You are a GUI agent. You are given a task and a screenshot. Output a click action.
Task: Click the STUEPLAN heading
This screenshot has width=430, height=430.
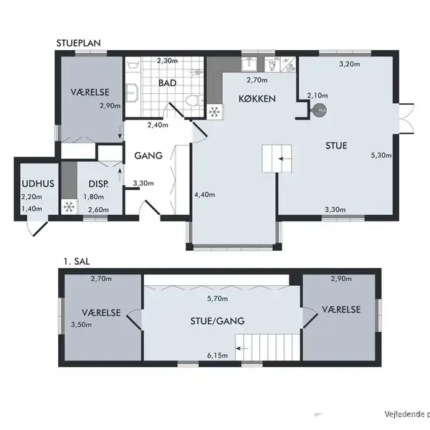(78, 43)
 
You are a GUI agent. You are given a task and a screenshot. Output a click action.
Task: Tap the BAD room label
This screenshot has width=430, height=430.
(167, 83)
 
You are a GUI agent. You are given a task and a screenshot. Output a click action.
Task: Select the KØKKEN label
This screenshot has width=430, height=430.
(257, 99)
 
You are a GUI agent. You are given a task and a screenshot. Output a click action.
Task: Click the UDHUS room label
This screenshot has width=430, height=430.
(38, 183)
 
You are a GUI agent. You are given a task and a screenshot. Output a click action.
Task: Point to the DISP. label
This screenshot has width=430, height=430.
(98, 184)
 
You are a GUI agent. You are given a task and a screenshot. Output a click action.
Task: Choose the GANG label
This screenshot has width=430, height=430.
(148, 156)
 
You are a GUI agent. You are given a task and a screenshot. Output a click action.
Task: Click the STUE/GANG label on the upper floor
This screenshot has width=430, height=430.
(217, 321)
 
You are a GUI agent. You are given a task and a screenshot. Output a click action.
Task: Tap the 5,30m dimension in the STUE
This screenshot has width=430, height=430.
(381, 156)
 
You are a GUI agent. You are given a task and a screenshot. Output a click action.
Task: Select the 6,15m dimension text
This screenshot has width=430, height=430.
(217, 355)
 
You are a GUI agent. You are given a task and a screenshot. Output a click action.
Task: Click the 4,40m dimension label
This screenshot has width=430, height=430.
(204, 195)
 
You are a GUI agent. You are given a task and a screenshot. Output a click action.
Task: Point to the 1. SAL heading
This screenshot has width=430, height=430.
(77, 262)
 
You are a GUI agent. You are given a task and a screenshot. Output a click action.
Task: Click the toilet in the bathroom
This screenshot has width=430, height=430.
(195, 100)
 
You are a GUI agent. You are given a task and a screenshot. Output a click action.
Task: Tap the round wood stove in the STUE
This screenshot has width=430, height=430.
(320, 110)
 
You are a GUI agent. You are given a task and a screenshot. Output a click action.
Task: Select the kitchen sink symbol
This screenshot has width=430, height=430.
(249, 64)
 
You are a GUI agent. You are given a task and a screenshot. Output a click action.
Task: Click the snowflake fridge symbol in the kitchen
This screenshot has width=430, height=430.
(215, 111)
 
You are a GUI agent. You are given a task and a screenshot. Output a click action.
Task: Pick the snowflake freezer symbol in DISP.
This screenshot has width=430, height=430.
(69, 206)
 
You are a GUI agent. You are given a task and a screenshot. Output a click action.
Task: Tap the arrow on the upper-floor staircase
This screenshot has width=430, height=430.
(242, 348)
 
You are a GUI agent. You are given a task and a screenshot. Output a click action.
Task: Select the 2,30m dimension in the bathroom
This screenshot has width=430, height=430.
(167, 61)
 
